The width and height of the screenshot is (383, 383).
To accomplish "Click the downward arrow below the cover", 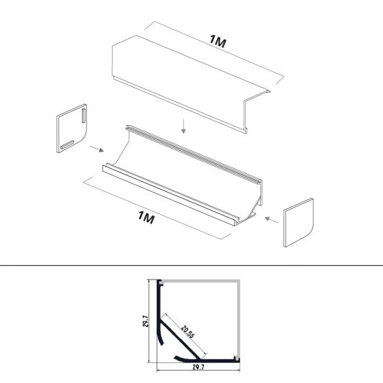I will click(x=185, y=126).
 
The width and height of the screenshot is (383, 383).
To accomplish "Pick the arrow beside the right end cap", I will click(x=270, y=218).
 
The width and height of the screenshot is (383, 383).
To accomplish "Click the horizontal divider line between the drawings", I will click(x=191, y=265).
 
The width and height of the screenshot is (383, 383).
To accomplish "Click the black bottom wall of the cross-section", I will click(x=208, y=360).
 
